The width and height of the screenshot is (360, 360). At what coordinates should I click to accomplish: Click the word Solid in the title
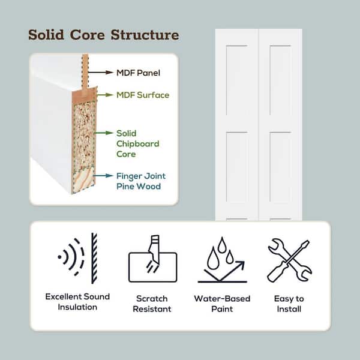tap(46, 35)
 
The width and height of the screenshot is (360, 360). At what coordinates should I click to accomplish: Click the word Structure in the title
tap(145, 35)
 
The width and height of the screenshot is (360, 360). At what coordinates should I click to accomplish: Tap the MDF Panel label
tap(138, 73)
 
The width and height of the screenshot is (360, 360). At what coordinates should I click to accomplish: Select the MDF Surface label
tap(143, 95)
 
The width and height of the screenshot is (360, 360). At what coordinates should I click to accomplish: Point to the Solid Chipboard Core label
tap(138, 143)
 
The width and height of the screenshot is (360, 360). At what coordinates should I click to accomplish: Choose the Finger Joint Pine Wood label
tap(141, 181)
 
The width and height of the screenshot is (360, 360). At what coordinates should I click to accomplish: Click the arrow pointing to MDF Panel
tap(101, 73)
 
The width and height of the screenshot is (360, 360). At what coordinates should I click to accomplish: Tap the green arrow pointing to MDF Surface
tap(105, 95)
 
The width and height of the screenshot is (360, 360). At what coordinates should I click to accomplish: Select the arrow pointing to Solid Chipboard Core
tap(104, 133)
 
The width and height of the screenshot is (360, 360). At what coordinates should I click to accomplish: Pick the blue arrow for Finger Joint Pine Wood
tap(103, 176)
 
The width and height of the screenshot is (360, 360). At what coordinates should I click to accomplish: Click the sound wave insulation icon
tap(77, 258)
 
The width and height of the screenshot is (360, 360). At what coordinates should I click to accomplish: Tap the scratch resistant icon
tap(153, 259)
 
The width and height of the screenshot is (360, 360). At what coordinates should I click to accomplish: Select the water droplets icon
tap(222, 260)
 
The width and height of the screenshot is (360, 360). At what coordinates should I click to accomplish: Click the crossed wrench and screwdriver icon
tap(290, 260)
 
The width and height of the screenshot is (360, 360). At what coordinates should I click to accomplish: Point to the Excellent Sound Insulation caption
tap(77, 302)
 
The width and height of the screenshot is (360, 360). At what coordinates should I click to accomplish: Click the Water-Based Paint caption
tap(222, 304)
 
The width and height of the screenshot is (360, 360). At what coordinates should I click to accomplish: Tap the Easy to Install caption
tap(289, 304)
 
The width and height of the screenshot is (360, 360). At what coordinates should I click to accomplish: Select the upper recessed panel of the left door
tap(237, 80)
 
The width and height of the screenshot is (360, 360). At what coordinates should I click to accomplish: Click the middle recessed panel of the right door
tap(280, 167)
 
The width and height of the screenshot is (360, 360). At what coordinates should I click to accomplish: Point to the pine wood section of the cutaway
tap(83, 179)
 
